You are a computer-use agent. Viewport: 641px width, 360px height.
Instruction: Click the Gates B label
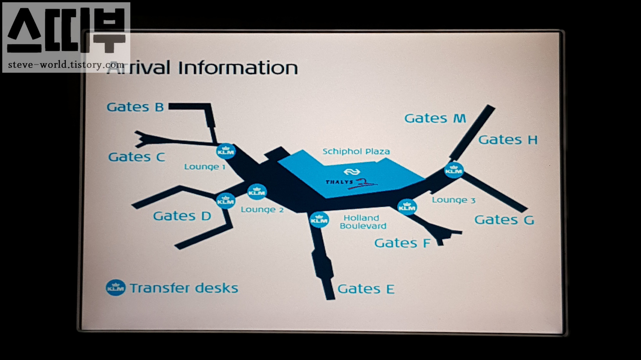135,107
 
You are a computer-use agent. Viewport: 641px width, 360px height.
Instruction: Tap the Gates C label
136,157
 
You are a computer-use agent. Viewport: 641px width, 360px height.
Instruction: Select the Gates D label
182,216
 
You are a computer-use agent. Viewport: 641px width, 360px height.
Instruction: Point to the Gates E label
366,289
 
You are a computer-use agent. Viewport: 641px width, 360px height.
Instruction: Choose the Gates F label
402,243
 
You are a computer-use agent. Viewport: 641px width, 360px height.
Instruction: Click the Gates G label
504,220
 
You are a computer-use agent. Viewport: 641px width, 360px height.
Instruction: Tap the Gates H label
508,140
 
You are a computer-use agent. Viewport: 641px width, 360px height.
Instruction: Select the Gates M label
435,118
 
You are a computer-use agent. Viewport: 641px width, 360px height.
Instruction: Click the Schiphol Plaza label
356,151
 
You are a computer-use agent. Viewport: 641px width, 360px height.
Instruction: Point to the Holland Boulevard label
363,222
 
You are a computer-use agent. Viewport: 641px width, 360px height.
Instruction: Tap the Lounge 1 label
204,167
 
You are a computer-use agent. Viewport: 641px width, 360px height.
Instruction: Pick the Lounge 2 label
262,209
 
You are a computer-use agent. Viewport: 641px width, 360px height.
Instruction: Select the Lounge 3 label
453,200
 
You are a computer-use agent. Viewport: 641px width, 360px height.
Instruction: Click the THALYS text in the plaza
339,182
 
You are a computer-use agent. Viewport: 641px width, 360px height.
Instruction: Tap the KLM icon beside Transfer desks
115,288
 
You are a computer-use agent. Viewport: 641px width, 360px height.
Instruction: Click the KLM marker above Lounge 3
453,170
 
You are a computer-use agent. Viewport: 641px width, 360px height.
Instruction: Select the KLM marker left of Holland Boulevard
319,220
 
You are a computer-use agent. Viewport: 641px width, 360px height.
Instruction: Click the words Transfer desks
184,288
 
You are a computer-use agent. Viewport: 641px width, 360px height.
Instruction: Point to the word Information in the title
238,68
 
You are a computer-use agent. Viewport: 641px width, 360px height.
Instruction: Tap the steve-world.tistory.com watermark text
66,65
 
